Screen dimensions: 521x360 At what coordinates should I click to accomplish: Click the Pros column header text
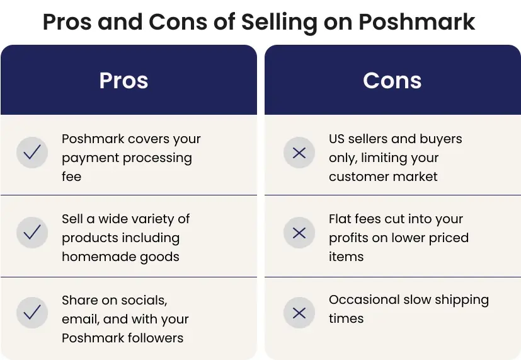123,81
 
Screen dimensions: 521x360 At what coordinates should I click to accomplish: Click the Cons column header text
392,81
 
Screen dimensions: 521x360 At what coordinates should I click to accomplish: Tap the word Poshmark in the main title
417,22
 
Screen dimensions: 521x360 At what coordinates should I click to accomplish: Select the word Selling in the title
279,23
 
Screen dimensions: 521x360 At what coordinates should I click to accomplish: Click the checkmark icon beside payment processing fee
32,153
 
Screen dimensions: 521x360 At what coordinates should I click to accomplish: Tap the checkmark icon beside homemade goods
32,233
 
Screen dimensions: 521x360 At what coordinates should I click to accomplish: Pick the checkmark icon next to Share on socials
32,313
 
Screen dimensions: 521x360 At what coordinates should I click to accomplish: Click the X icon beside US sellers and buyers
299,153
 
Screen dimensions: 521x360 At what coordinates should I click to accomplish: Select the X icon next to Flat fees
299,233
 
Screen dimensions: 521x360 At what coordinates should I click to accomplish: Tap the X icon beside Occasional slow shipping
299,313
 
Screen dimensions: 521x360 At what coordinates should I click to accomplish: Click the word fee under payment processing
71,176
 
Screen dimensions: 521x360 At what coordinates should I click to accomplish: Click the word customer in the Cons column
358,177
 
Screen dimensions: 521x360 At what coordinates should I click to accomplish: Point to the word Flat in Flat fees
340,219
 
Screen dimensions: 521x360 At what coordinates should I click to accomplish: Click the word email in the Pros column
81,319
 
